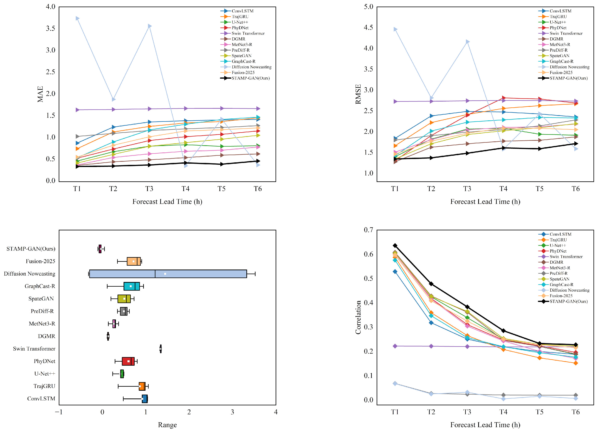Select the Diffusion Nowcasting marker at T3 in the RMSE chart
[468, 42]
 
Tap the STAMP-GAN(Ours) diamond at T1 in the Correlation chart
[395, 245]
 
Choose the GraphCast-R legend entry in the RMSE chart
[556, 61]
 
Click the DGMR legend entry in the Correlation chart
[551, 262]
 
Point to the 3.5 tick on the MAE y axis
[50, 28]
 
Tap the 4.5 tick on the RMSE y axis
[369, 28]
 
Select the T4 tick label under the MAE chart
[185, 189]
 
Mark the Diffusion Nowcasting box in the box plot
[168, 274]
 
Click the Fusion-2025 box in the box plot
[134, 261]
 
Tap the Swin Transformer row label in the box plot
[34, 349]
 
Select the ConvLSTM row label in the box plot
[41, 399]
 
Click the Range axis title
[167, 425]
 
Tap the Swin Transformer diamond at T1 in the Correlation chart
[395, 346]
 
